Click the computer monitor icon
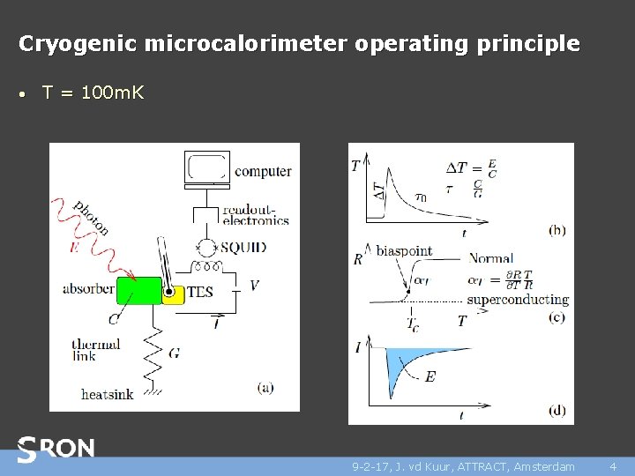tap(207, 168)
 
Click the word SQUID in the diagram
tap(243, 248)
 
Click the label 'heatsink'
tap(107, 394)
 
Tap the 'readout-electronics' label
tap(256, 214)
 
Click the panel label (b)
tap(557, 230)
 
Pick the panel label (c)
tap(557, 317)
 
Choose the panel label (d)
tap(557, 409)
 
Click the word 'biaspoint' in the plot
tap(404, 250)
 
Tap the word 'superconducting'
tap(518, 299)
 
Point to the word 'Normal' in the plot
tap(491, 258)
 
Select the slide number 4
tap(612, 466)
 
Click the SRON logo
tap(56, 450)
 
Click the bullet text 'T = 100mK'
tap(93, 93)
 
